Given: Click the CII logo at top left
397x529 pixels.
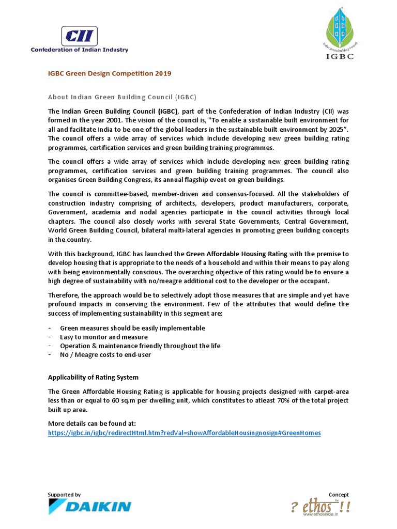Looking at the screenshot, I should (79, 36).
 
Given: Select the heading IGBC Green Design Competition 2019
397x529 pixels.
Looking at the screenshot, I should (109, 73).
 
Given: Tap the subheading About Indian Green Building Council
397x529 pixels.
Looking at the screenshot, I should (122, 97).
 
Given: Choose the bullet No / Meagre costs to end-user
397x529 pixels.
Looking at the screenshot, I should (105, 354).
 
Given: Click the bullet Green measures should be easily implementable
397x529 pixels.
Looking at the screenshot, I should (132, 328).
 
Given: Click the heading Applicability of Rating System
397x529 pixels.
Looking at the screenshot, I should (93, 377).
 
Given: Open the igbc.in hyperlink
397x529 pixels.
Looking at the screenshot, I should (184, 432).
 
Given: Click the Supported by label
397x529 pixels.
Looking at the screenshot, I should (64, 494).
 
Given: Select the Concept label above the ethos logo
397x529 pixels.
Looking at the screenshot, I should (339, 494).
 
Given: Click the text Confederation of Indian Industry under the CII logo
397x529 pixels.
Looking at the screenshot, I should (80, 50).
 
